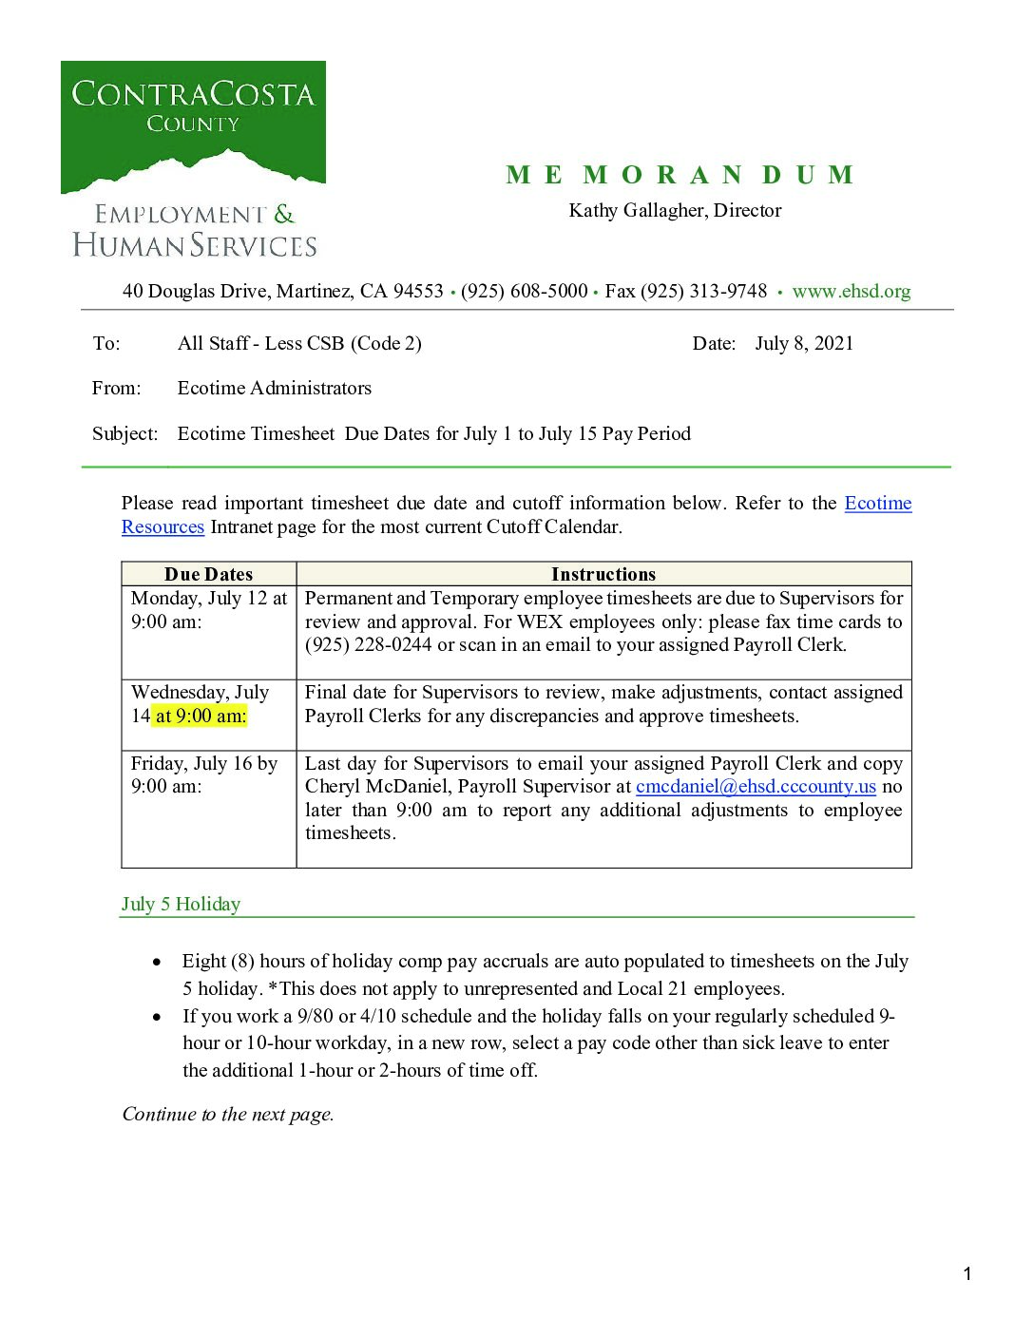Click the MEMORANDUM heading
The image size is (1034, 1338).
pyautogui.click(x=680, y=176)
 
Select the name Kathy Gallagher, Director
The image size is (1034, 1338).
pyautogui.click(x=675, y=210)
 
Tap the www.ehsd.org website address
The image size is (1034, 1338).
pyautogui.click(x=851, y=292)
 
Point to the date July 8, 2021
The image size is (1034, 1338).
pyautogui.click(x=804, y=343)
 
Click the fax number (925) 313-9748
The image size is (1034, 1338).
pyautogui.click(x=703, y=292)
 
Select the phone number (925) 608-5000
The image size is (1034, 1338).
pyautogui.click(x=524, y=292)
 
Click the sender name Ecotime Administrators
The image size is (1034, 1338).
pyautogui.click(x=274, y=388)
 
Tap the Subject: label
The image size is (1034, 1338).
pyautogui.click(x=124, y=434)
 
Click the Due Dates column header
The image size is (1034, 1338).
pyautogui.click(x=208, y=574)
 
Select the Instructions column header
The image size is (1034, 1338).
pyautogui.click(x=603, y=574)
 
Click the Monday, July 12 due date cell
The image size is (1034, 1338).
pyautogui.click(x=208, y=610)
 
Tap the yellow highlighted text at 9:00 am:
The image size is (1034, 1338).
pyautogui.click(x=200, y=717)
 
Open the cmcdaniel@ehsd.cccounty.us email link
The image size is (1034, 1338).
pyautogui.click(x=756, y=787)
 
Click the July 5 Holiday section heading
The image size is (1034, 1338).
pyautogui.click(x=181, y=905)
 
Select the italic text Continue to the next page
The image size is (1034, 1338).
pyautogui.click(x=228, y=1115)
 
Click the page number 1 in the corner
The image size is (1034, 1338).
pyautogui.click(x=967, y=1274)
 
